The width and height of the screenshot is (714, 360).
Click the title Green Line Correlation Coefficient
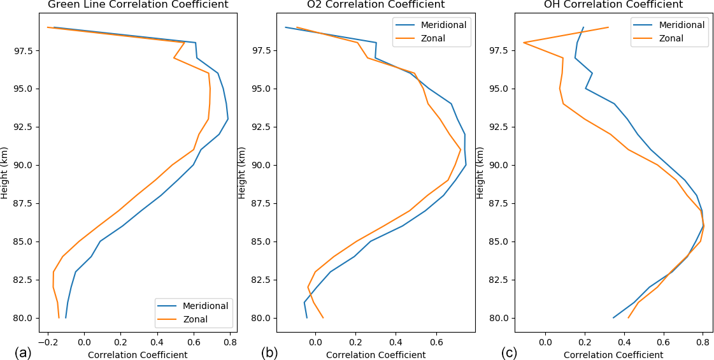pyautogui.click(x=138, y=4)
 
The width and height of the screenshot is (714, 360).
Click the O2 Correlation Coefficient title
pyautogui.click(x=376, y=4)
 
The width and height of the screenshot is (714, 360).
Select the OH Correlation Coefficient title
pyautogui.click(x=613, y=4)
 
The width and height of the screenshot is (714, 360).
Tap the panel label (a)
pyautogui.click(x=23, y=352)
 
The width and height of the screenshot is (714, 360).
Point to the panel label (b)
pyautogui.click(x=269, y=352)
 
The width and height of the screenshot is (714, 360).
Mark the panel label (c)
pyautogui.click(x=509, y=352)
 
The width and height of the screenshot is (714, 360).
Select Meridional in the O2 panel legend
pyautogui.click(x=443, y=25)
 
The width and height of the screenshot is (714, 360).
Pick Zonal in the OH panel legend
pyautogui.click(x=671, y=38)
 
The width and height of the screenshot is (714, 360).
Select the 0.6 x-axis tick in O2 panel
pyautogui.click(x=436, y=342)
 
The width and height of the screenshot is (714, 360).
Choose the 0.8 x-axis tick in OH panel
pyautogui.click(x=703, y=342)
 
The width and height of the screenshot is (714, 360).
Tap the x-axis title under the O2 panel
pyautogui.click(x=376, y=355)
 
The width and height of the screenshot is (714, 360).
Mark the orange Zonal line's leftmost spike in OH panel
pyautogui.click(x=524, y=43)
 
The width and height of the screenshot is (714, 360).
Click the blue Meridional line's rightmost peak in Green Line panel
pyautogui.click(x=228, y=119)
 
